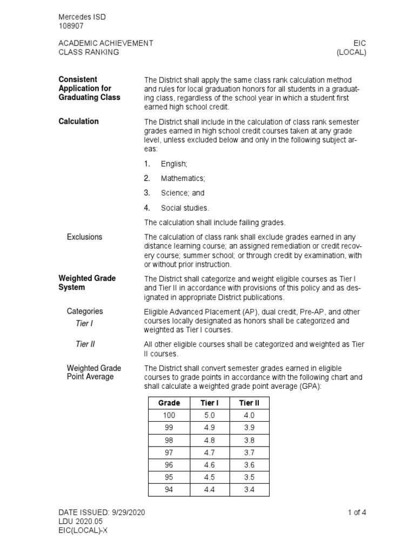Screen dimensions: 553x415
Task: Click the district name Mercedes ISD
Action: coord(82,17)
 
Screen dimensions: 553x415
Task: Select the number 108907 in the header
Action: coord(71,26)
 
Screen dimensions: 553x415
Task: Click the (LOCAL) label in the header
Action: coord(351,52)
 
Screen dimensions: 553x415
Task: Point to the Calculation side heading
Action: coord(78,121)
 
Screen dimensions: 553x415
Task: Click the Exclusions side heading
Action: coord(84,237)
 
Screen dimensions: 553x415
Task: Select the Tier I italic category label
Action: coord(84,323)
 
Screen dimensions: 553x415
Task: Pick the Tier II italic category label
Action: coord(85,343)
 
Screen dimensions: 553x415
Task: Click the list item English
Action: coord(173,164)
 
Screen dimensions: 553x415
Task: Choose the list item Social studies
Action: coord(184,207)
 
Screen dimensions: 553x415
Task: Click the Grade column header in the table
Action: coord(169,403)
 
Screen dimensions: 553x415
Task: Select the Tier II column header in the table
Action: coord(249,403)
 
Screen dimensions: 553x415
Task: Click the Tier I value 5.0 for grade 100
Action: coord(209,415)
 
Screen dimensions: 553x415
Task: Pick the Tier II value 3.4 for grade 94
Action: coord(249,490)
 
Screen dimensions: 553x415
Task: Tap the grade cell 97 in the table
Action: coord(169,453)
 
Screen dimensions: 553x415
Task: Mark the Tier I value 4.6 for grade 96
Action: coord(209,465)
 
